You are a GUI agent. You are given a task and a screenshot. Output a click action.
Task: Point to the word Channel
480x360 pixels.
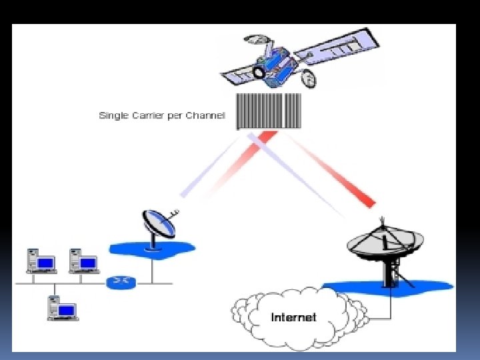207,116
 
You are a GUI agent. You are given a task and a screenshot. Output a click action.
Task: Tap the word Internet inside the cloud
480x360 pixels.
293,317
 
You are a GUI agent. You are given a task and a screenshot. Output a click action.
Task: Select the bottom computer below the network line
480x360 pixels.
61,308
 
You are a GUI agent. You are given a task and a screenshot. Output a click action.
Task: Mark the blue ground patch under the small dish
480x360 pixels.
133,249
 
